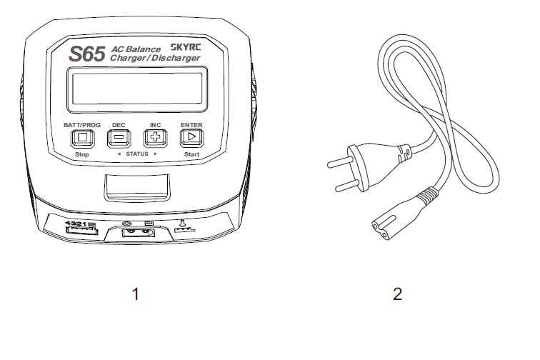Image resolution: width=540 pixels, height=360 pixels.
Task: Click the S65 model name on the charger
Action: (87, 54)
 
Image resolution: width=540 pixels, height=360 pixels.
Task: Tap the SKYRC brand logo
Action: (186, 47)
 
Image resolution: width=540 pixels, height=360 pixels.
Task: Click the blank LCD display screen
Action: (137, 89)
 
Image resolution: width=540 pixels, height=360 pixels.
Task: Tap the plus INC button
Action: (155, 137)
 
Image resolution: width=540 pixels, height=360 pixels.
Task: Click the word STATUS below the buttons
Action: (137, 154)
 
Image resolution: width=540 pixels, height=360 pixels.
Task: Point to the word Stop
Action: (82, 154)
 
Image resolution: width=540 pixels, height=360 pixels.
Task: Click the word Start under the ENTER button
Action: (191, 154)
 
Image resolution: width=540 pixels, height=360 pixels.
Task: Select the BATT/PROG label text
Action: (82, 125)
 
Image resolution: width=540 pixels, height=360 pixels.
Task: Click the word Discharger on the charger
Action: (176, 58)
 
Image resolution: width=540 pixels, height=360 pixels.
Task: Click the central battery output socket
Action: (138, 234)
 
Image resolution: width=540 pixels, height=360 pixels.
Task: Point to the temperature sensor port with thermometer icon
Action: (184, 226)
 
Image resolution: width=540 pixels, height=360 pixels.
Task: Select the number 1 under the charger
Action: (136, 294)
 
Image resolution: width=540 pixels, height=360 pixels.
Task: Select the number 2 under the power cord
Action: (397, 294)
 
